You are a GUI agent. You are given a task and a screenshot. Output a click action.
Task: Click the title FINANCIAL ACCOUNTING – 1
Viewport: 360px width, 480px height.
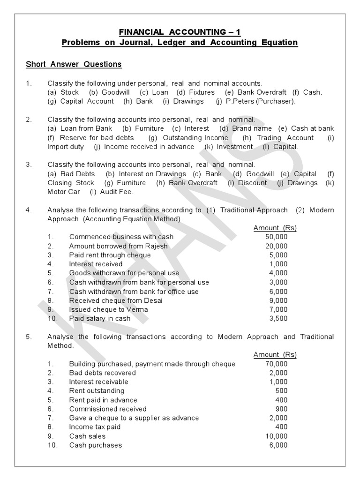[x=180, y=32]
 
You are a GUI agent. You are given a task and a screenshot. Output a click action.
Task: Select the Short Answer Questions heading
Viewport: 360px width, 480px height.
[x=74, y=64]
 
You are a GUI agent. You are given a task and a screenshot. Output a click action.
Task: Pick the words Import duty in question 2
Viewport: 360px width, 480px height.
[x=66, y=147]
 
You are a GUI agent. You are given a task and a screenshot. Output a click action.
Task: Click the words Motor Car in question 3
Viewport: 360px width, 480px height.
[x=64, y=192]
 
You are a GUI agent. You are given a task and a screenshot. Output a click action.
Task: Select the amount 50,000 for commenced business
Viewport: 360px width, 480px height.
[x=276, y=237]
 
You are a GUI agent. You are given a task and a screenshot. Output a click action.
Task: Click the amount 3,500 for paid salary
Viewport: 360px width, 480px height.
[x=278, y=319]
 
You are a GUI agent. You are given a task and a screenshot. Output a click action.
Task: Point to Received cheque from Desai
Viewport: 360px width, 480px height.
[x=116, y=300]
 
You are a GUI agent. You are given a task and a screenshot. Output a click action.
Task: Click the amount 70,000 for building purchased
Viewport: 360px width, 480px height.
[x=276, y=364]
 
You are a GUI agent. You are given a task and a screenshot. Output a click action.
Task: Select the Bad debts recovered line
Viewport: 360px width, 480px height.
[x=102, y=373]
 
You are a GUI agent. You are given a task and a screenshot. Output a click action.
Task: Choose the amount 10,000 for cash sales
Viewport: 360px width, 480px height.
[x=276, y=436]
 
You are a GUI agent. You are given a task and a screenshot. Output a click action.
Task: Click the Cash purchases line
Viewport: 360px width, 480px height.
[x=95, y=445]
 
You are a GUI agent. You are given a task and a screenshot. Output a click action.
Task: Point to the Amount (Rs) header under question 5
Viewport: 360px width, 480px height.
[x=275, y=355]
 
